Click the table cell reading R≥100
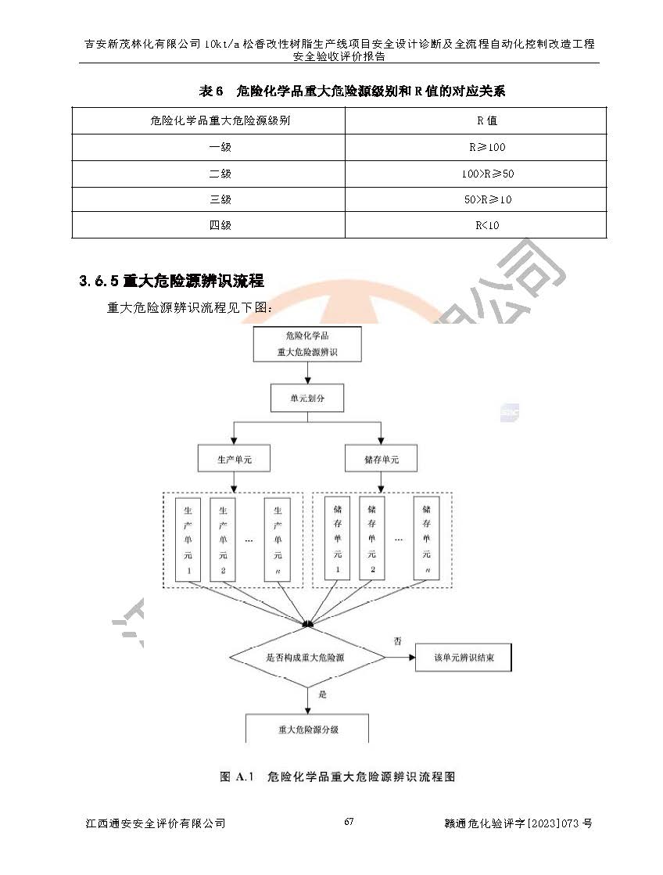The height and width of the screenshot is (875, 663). (487, 147)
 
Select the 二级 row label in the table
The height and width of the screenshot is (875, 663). (220, 174)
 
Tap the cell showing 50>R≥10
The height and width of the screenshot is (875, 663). (487, 199)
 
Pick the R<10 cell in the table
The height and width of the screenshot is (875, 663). (487, 225)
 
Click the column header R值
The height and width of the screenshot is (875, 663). (487, 121)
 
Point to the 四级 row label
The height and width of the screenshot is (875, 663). (220, 225)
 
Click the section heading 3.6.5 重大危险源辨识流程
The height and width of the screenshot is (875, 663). (171, 281)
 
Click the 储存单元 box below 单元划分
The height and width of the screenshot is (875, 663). (381, 460)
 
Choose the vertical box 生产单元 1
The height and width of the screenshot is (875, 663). (188, 540)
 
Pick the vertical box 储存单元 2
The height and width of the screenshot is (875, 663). (372, 540)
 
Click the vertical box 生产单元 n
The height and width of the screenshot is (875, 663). (278, 540)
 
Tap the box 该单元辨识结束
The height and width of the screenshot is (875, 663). (464, 658)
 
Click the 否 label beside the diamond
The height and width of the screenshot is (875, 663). (397, 641)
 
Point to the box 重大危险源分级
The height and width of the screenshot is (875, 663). (308, 729)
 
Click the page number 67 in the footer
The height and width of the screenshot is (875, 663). (349, 822)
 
